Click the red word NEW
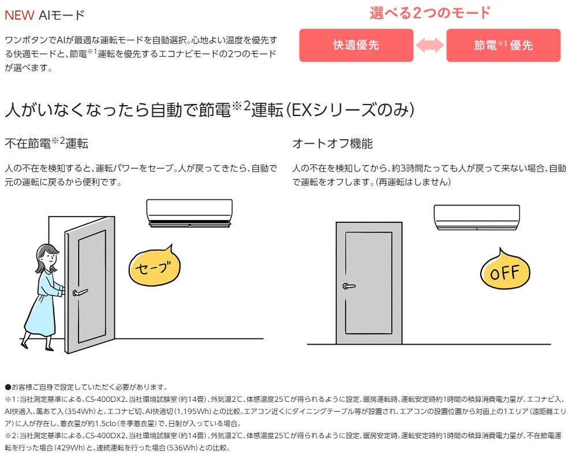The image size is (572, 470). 19,16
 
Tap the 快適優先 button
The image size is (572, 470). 356,45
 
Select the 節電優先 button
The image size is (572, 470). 503,45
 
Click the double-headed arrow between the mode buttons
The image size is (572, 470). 430,45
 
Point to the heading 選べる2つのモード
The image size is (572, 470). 430,13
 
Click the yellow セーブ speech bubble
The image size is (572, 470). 155,266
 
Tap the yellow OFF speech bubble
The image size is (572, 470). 505,270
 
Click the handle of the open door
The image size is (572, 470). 80,292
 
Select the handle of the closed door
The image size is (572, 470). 349,286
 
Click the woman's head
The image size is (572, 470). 48,258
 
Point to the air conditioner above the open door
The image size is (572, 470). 189,213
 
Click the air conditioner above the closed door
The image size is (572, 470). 477,218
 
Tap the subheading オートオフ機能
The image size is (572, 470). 332,143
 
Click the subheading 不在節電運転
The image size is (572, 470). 46,143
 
